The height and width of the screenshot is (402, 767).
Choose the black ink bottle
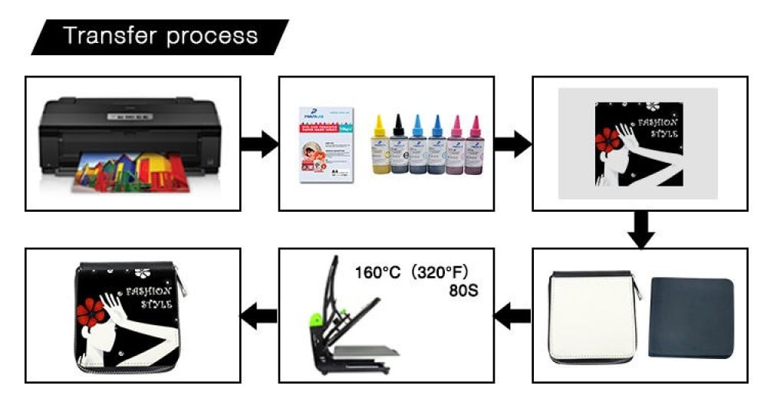397,143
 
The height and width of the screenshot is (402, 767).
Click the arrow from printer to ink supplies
259,143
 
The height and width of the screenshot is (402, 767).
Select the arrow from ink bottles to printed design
512,143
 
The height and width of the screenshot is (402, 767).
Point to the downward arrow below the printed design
639,229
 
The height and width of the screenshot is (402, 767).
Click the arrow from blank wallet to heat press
512,315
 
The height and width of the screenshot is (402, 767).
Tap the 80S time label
466,292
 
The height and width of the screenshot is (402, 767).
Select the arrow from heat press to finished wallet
259,315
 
